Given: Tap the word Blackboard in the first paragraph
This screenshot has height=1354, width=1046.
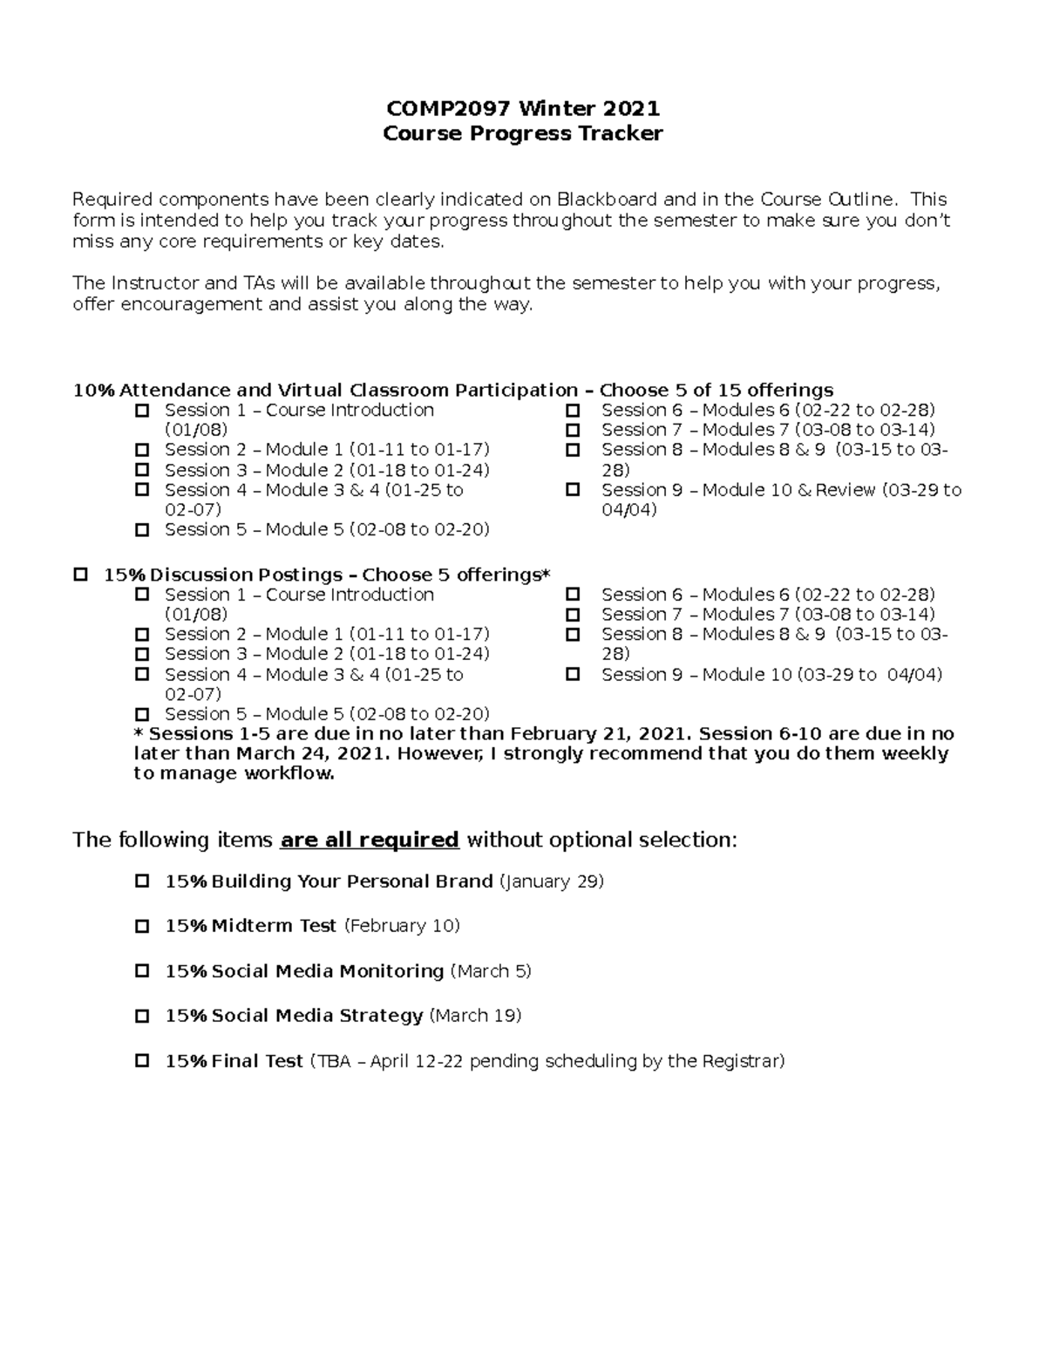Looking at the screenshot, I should pos(608,200).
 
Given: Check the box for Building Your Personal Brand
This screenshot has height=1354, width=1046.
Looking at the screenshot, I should pos(142,881).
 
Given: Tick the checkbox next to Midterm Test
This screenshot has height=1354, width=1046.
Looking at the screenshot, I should pos(142,927).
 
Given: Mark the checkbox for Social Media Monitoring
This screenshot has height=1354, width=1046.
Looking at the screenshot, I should pos(142,971).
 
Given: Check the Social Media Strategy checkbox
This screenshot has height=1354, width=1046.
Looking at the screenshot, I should pos(142,1016).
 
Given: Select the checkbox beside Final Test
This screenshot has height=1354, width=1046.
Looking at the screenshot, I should pos(142,1061).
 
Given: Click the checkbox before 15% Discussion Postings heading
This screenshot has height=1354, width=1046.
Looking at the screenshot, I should pos(81,575).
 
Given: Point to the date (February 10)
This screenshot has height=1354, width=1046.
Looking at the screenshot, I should pos(402,927).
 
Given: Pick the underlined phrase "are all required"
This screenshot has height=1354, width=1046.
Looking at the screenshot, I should pos(369,840).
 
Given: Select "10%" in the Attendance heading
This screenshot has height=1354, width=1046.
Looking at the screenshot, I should pos(93,391).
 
